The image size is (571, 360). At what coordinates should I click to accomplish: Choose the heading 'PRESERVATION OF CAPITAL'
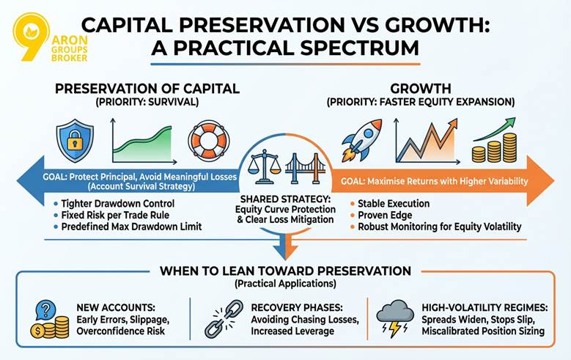point(147,89)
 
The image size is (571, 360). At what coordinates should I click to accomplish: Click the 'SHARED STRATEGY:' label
point(285,199)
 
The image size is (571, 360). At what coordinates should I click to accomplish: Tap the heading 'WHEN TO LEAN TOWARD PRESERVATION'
point(284,271)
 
